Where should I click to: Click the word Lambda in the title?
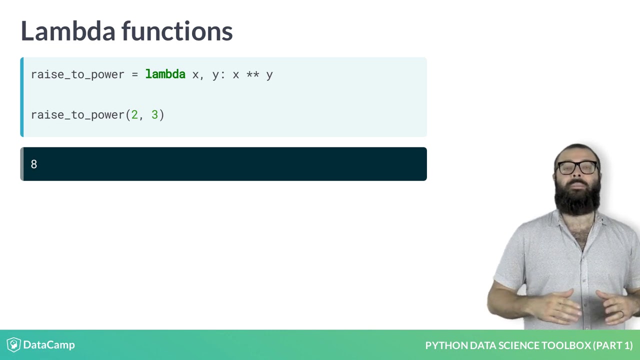click(68, 31)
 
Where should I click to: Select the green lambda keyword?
click(165, 74)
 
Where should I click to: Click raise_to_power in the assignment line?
click(77, 74)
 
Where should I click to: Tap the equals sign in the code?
click(134, 74)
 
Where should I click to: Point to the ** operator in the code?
click(252, 74)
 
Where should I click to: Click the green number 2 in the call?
click(134, 114)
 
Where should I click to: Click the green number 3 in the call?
click(154, 114)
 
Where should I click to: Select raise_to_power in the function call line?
click(77, 114)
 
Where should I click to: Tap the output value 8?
click(33, 164)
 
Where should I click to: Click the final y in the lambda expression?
click(269, 75)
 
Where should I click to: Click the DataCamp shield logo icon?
click(13, 344)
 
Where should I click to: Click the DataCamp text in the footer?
click(49, 344)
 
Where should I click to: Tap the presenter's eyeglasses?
click(577, 167)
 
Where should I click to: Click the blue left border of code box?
click(21, 97)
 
